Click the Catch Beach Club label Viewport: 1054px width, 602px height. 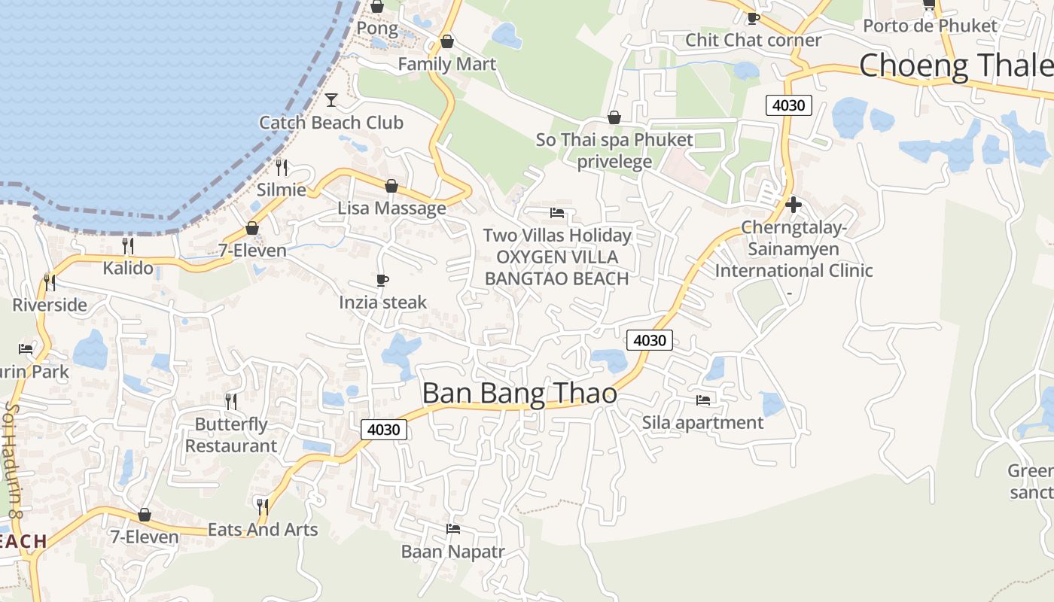point(331,123)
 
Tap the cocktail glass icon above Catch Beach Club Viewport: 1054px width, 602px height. point(331,99)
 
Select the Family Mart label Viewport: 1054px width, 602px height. point(447,64)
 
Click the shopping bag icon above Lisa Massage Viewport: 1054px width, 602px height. point(391,186)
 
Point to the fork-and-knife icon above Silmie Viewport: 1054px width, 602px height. point(282,167)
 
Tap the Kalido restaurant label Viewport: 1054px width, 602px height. point(128,268)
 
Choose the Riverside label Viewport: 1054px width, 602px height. point(50,306)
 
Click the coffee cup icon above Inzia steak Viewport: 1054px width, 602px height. point(382,281)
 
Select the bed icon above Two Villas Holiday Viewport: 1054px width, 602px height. point(557,213)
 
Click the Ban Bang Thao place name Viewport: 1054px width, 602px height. point(519,394)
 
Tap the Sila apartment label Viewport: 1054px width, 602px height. point(702,423)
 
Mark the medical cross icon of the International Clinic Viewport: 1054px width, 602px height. point(793,204)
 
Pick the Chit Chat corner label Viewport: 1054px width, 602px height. point(753,40)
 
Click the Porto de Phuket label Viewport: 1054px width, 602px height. point(930,26)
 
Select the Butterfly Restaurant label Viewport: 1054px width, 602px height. point(231,435)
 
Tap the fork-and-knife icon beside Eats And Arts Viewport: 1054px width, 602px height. point(262,506)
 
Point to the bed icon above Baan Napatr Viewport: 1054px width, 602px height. point(453,529)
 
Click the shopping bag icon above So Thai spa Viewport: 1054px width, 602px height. point(614,117)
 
